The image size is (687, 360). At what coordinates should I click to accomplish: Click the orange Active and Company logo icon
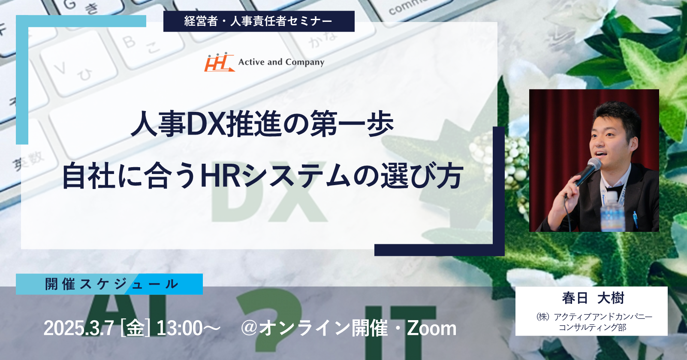click(220, 62)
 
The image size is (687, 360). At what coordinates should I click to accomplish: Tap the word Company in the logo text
click(304, 63)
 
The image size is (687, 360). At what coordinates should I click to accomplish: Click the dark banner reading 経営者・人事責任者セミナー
click(259, 21)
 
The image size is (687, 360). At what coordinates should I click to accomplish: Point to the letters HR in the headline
click(220, 177)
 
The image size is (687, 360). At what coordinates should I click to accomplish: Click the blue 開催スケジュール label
click(109, 284)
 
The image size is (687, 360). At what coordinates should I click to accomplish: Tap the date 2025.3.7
click(79, 328)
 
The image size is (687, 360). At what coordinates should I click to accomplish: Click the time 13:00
click(180, 328)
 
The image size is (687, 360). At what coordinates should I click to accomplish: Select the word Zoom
click(431, 328)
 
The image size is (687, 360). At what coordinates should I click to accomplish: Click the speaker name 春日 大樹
click(593, 298)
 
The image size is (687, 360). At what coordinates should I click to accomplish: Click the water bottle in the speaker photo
click(612, 211)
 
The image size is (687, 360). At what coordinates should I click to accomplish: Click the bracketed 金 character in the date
click(135, 328)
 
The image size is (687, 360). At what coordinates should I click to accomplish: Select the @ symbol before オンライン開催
click(249, 328)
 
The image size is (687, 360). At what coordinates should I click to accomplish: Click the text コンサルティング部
click(593, 327)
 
